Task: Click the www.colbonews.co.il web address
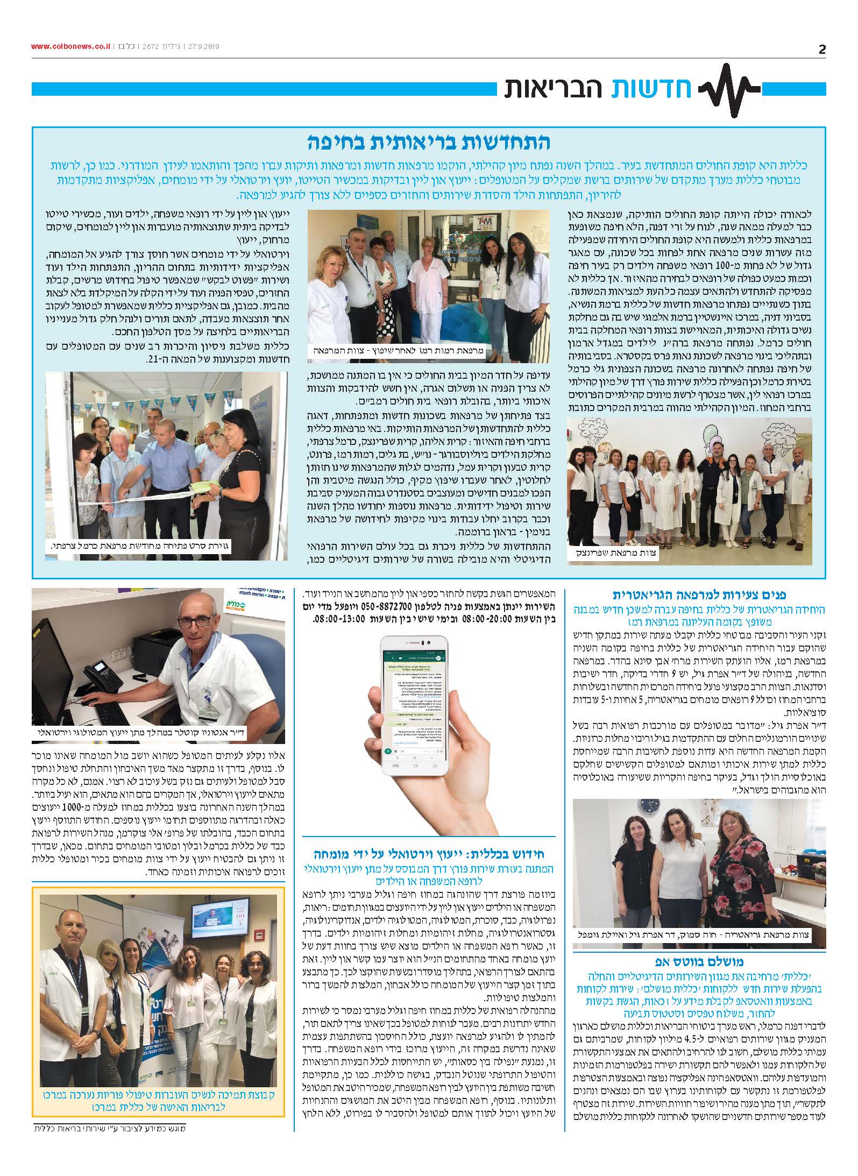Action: point(70,47)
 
